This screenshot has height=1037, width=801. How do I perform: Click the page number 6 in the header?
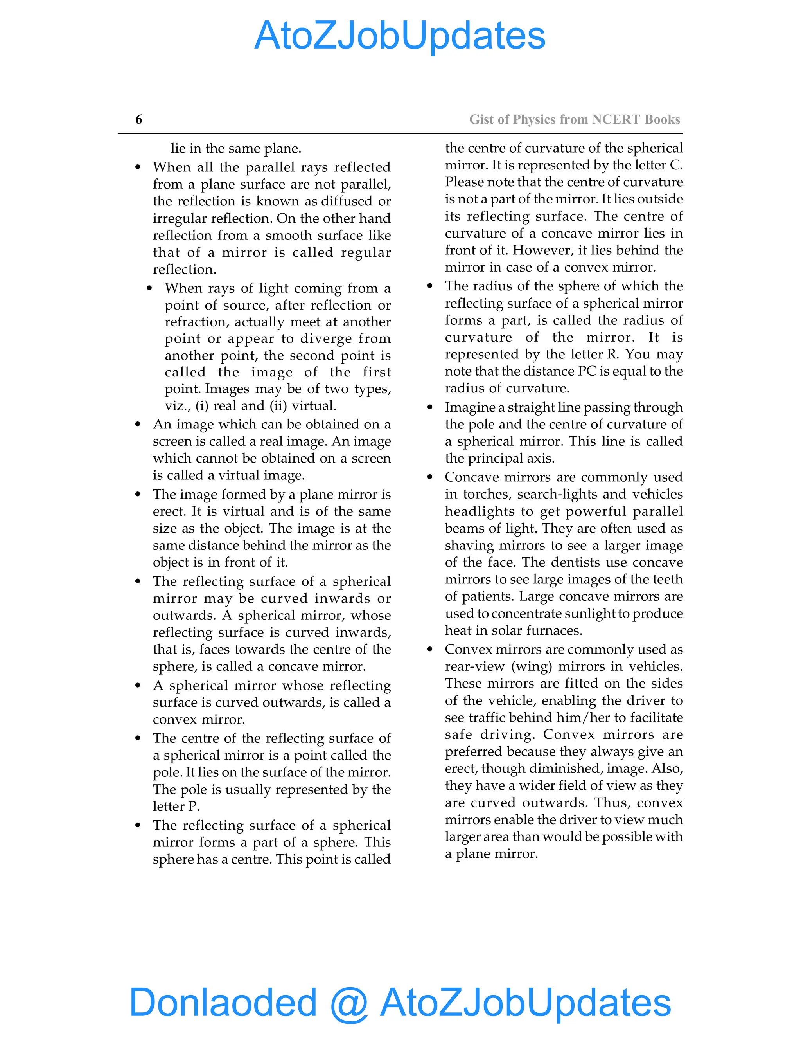coord(138,120)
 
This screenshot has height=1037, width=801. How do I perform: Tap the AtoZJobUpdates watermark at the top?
coord(400,36)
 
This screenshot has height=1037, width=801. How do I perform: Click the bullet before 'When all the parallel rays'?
coord(138,167)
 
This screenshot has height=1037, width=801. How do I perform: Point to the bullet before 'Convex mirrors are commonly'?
coord(430,649)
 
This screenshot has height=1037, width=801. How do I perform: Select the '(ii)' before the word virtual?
coord(278,406)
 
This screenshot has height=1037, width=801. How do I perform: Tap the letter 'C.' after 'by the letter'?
coord(676,165)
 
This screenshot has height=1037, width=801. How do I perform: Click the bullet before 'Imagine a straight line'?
coord(430,407)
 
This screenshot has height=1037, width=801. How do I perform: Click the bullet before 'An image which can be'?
coord(138,425)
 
